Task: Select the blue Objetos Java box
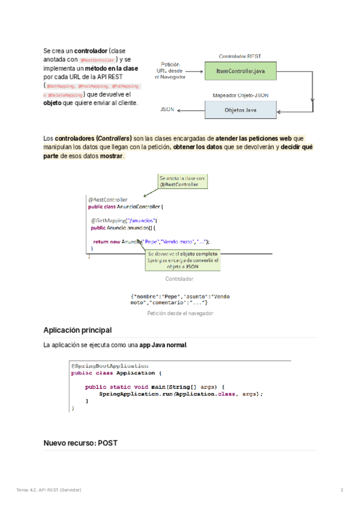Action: click(241, 110)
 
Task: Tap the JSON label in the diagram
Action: click(167, 110)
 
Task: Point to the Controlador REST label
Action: click(240, 56)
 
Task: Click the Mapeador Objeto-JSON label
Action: click(241, 95)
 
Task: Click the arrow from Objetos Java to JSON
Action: click(191, 110)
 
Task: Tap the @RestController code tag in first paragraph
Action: click(97, 60)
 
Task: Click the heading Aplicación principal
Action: click(77, 330)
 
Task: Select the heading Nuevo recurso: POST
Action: click(80, 444)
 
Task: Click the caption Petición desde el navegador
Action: click(180, 313)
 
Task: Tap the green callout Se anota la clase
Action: click(182, 182)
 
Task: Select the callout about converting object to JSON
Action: click(182, 260)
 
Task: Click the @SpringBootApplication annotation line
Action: click(110, 366)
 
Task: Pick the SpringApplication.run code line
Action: click(181, 393)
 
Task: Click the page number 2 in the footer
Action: click(342, 490)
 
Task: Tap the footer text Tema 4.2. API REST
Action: click(49, 490)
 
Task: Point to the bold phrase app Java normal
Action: click(163, 346)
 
